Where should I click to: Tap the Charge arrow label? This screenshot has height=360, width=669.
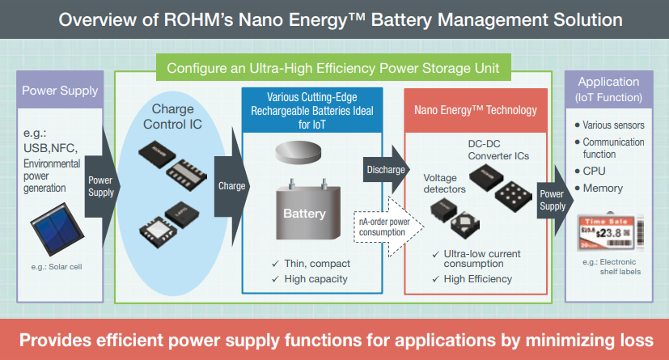pyautogui.click(x=231, y=185)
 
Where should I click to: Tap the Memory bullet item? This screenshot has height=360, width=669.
pyautogui.click(x=603, y=188)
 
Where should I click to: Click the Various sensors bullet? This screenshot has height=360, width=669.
pyautogui.click(x=612, y=125)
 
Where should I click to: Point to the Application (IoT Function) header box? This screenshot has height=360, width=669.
pyautogui.click(x=609, y=90)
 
